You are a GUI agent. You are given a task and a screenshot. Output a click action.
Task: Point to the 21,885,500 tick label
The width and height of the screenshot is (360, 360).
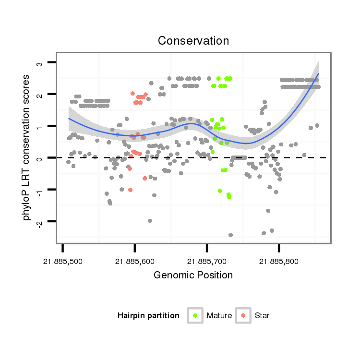coord(62,262)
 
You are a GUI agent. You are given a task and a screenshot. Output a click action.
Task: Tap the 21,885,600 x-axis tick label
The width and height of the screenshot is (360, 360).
coord(134,262)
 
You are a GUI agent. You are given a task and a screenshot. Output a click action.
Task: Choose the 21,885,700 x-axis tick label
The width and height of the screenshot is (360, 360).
coord(207,262)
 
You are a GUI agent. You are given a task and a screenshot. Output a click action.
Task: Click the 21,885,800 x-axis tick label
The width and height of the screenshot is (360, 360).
coord(279,262)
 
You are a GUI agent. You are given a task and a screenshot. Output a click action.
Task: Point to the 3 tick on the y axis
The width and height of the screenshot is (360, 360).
coord(41,63)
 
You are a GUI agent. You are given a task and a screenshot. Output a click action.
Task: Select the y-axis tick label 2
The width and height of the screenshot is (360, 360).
coord(41,95)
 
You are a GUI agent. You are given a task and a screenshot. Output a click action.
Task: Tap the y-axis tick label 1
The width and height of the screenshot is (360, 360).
coord(41,126)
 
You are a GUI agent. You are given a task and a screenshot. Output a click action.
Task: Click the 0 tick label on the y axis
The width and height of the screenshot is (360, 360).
coord(41,158)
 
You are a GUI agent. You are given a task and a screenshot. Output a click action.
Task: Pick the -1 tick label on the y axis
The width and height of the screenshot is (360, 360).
coord(41,189)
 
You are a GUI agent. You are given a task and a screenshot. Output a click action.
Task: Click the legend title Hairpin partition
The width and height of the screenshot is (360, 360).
coord(148,316)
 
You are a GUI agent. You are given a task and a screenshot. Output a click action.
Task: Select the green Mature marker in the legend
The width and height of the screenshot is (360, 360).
coord(195,315)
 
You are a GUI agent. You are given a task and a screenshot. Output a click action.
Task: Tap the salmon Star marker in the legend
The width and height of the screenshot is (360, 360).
coord(244,315)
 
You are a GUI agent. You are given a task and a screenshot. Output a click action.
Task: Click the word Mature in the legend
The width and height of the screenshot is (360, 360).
coord(219,316)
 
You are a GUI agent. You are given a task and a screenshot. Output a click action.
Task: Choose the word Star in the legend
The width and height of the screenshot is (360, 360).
coord(263,316)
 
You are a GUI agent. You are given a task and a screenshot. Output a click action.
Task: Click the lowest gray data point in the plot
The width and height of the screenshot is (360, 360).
coord(230,235)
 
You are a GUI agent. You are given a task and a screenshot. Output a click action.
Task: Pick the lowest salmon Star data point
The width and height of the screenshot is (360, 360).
coord(130,190)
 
